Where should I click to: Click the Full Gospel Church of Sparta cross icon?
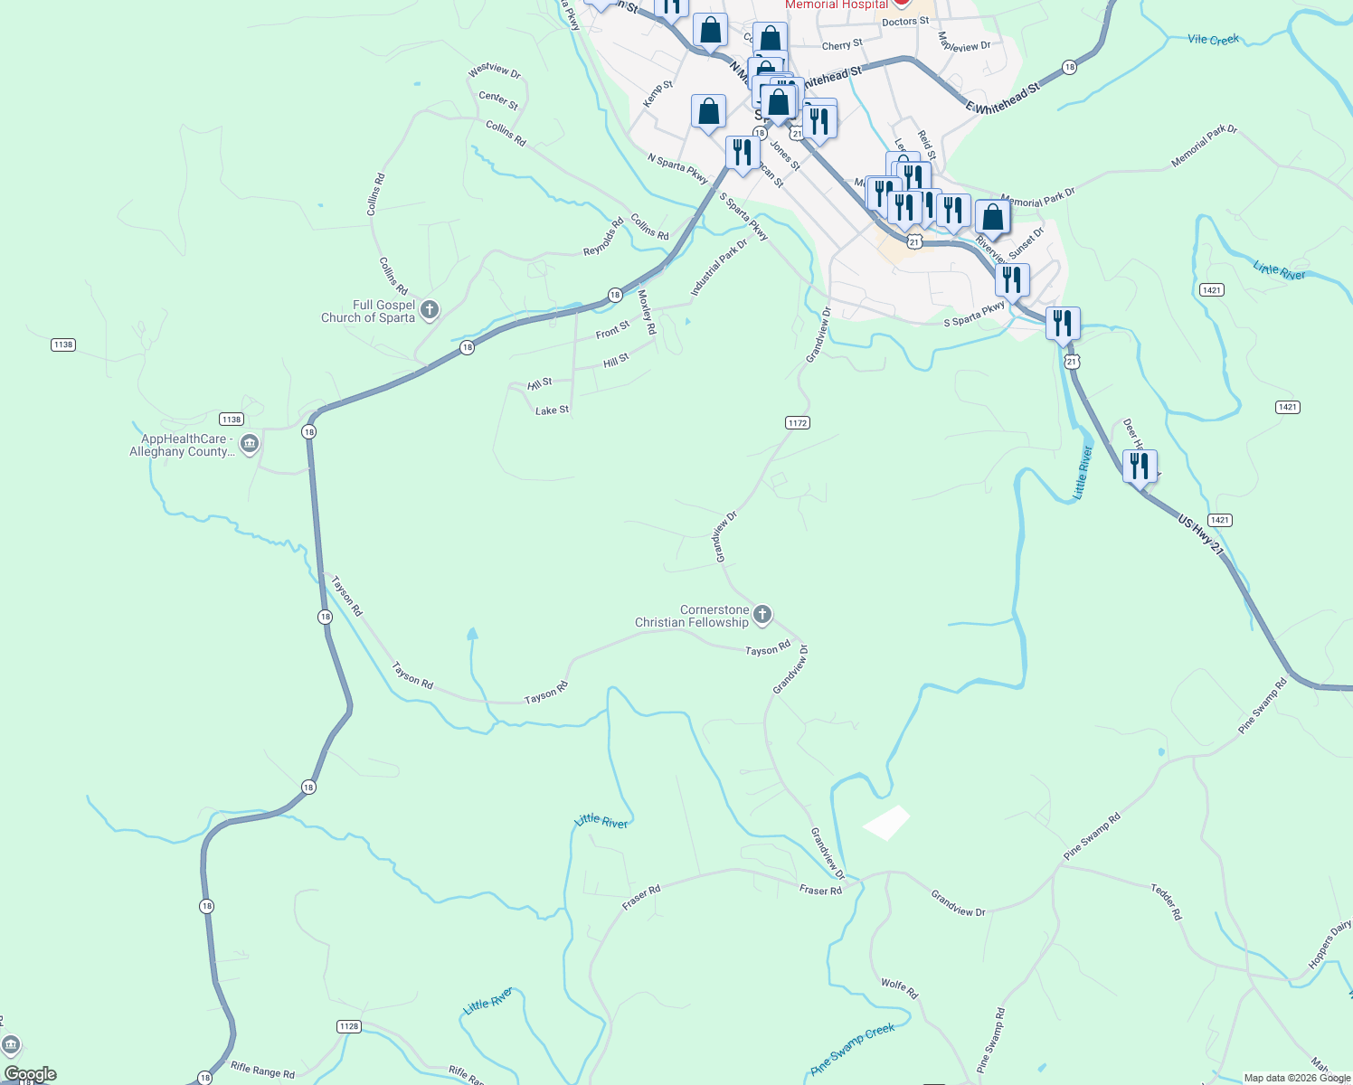point(430,310)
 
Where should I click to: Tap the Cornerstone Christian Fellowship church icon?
point(762,615)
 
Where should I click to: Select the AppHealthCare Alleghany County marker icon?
point(251,444)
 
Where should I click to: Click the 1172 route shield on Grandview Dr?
point(798,423)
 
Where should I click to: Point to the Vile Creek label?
point(1213,40)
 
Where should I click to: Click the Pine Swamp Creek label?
point(853,1048)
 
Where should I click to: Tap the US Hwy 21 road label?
point(1200,534)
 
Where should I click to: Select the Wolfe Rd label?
point(899,988)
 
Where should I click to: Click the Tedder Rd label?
point(1166,902)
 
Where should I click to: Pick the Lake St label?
point(552,410)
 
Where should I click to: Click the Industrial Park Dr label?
point(719,268)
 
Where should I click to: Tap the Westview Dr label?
point(495,71)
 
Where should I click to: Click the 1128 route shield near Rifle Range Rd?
point(348,1026)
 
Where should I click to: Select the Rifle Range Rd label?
point(262,1071)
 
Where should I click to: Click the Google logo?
point(30,1074)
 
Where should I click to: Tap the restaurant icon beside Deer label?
point(1140,467)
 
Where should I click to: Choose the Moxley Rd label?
point(647,311)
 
